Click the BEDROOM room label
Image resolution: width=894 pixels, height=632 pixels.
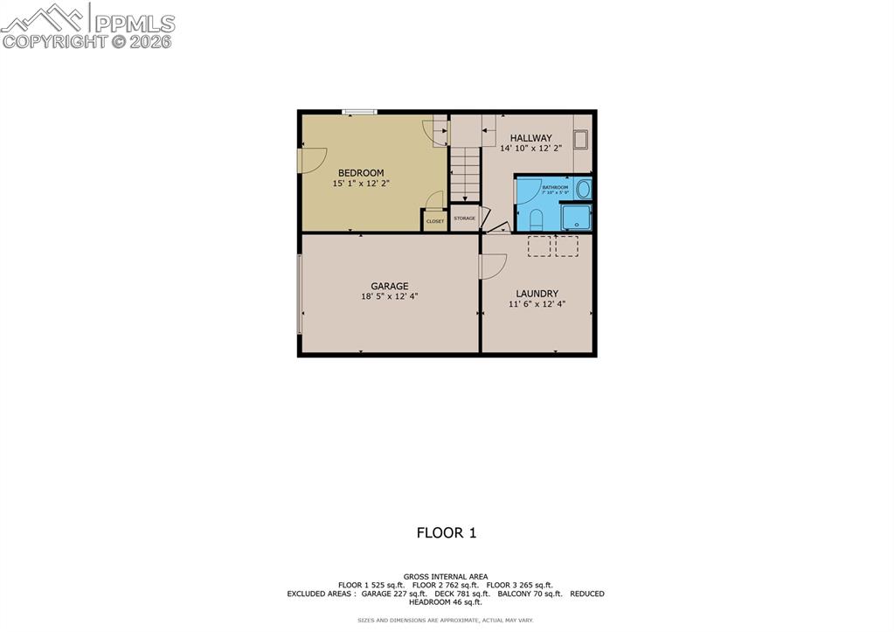coord(361,173)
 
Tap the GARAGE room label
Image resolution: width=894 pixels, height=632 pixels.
coord(390,286)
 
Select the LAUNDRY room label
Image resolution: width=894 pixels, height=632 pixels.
coord(537,294)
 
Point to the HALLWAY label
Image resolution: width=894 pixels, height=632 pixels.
coord(530,138)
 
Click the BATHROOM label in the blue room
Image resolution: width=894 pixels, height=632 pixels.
coord(554,187)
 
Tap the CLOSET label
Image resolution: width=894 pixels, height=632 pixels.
coord(434,221)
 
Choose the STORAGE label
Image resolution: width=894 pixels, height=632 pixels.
coord(464,219)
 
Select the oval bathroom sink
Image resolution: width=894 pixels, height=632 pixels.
coord(583,189)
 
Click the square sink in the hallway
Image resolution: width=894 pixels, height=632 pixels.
coord(580,140)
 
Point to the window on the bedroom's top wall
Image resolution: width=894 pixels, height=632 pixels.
coord(359,112)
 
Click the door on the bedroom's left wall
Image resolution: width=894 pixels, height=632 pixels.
coord(308,161)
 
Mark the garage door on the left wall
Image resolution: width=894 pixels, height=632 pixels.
coord(300,294)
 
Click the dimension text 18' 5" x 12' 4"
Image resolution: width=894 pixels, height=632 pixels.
coord(390,296)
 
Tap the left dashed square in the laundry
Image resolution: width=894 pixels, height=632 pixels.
coord(538,247)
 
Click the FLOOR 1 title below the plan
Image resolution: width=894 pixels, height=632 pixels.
coord(446,532)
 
